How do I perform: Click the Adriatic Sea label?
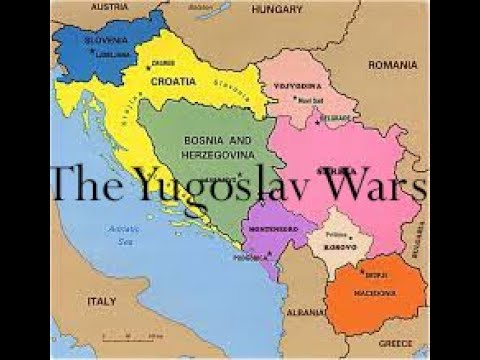124,233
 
